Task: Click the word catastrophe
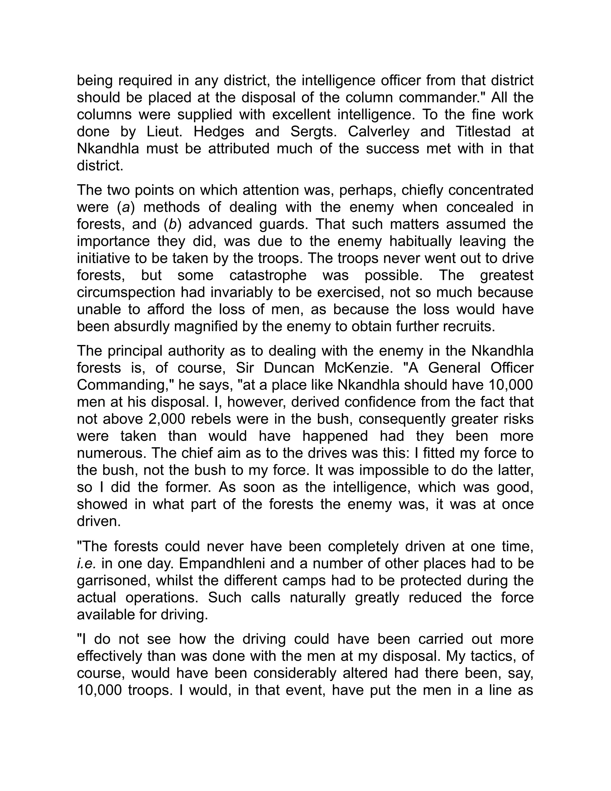(x=268, y=276)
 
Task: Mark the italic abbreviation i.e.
(x=86, y=564)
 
